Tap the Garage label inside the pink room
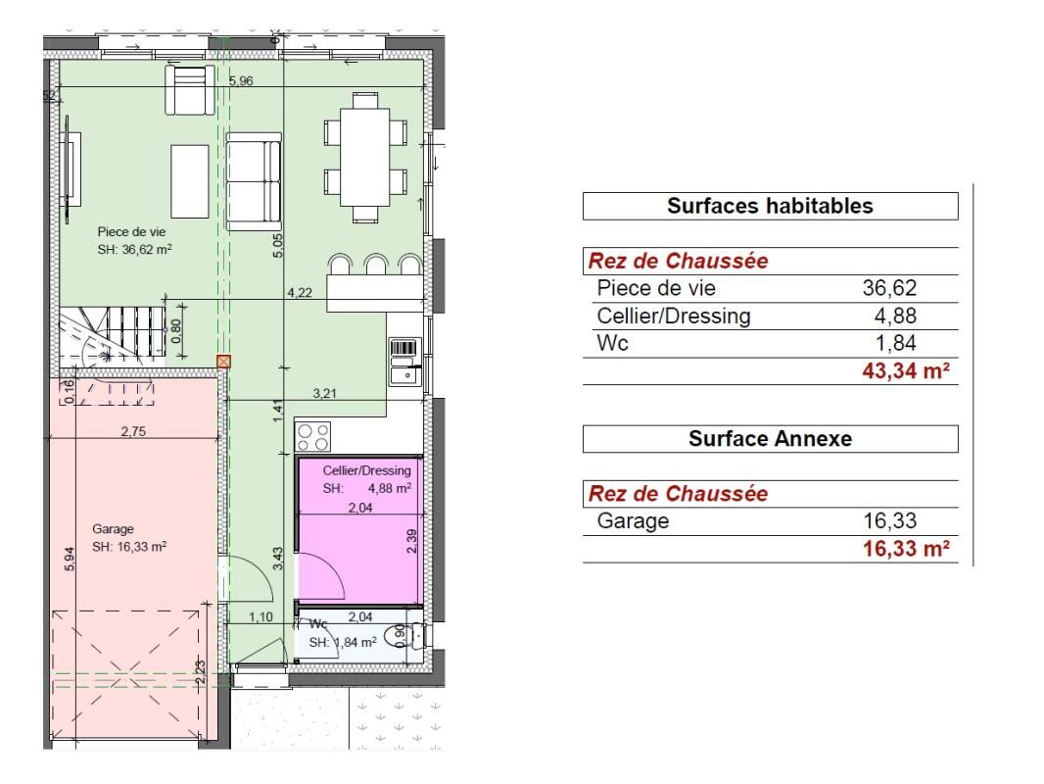coord(113,529)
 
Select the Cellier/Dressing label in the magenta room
coord(366,470)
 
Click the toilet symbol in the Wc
coord(400,636)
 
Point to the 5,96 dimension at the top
coord(241,81)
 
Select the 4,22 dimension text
coord(300,291)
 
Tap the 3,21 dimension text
coord(324,394)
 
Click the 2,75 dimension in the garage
coord(134,431)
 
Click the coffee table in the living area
coord(190,182)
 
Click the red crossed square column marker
coord(223,362)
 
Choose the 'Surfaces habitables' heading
coord(769,207)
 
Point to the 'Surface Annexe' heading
coord(769,439)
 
